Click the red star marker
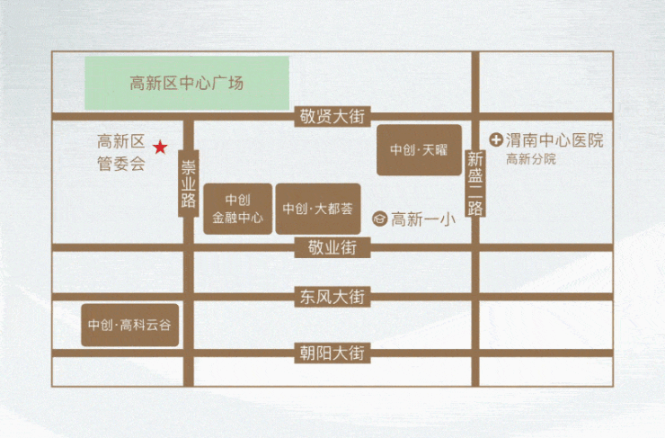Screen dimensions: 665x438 click(x=160, y=147)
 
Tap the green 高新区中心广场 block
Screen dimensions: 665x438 click(x=187, y=83)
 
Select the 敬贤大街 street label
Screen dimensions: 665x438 click(x=332, y=116)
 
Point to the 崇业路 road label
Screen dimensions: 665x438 click(x=189, y=183)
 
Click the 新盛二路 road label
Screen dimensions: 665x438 click(x=475, y=183)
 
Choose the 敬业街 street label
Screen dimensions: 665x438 click(x=332, y=247)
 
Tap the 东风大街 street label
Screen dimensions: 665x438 click(x=332, y=297)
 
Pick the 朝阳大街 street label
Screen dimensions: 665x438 click(x=332, y=353)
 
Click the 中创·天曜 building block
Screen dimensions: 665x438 click(x=419, y=150)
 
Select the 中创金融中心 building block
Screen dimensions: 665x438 click(x=238, y=209)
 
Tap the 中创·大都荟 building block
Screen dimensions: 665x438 click(x=318, y=209)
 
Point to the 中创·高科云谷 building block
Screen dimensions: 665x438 click(x=129, y=325)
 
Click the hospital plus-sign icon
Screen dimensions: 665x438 click(x=496, y=139)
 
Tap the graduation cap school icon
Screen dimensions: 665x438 click(x=379, y=219)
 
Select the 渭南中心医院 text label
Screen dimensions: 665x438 click(x=554, y=140)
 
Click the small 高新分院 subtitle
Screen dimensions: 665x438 click(x=530, y=159)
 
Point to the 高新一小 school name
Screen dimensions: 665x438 click(x=423, y=219)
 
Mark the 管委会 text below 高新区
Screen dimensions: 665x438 click(x=121, y=164)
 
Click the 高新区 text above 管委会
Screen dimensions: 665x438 click(x=121, y=141)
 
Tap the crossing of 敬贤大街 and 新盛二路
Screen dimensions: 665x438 click(x=475, y=116)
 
